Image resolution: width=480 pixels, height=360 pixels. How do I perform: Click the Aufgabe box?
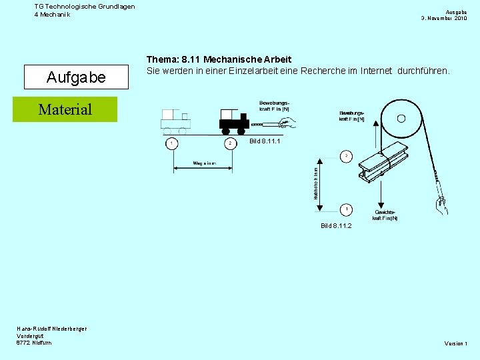(x=75, y=77)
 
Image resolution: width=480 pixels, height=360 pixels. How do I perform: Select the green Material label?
(x=65, y=109)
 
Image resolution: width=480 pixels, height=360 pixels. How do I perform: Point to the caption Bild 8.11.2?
(x=335, y=226)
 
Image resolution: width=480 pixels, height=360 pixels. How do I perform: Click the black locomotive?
(x=233, y=121)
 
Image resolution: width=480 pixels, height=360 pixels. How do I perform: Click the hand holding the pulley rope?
(x=440, y=203)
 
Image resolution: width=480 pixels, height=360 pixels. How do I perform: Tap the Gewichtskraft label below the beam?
(x=385, y=215)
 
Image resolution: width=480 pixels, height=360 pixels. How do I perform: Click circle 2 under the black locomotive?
(x=230, y=143)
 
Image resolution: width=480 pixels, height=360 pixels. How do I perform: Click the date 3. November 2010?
(x=443, y=18)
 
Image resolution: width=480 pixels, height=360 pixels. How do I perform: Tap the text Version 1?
(x=456, y=343)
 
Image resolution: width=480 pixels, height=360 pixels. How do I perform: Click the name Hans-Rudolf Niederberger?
(x=51, y=328)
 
